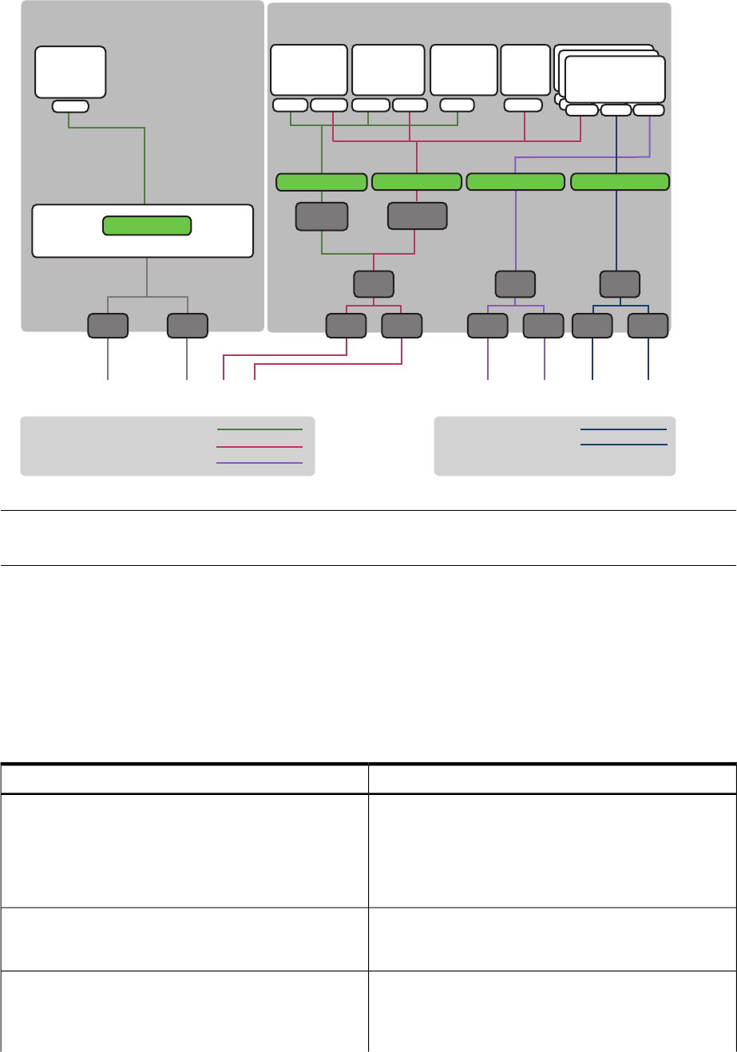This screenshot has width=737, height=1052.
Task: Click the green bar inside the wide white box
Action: point(147,226)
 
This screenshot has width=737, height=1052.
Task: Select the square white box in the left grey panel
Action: point(70,72)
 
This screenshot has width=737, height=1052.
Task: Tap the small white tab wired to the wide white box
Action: point(70,106)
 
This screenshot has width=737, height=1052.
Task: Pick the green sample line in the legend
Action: point(260,429)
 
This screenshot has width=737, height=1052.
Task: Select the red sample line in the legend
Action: point(260,446)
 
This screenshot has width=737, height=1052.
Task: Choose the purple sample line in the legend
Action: point(260,463)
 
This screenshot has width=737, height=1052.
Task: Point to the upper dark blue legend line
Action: point(623,429)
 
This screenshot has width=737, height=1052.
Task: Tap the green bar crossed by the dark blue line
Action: point(620,182)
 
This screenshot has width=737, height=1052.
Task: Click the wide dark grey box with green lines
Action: point(322,216)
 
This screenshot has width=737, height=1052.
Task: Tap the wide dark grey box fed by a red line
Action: point(417,216)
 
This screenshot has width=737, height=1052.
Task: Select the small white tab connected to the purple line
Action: point(648,110)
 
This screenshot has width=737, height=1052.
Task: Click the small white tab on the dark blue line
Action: point(616,110)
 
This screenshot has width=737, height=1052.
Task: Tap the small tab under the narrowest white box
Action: point(524,105)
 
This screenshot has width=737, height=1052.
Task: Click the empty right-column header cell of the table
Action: point(552,778)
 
